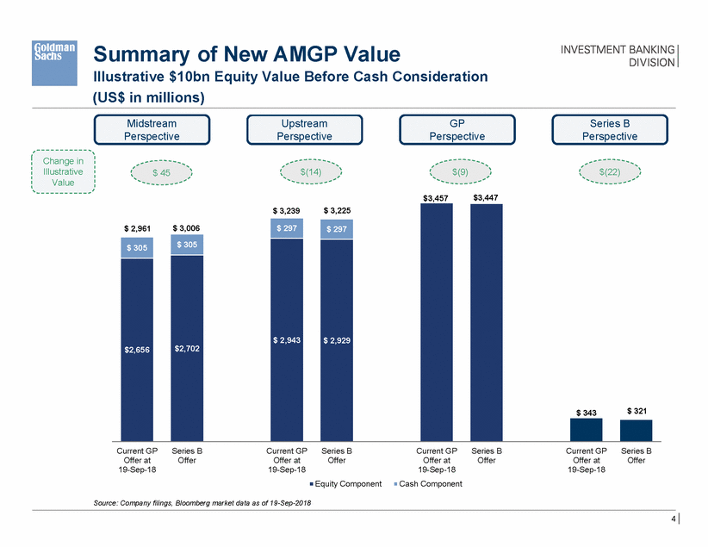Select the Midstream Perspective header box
[x=152, y=129]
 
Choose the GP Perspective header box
[x=456, y=129]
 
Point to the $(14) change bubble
[x=310, y=172]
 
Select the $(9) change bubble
[x=460, y=172]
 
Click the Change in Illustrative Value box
[x=63, y=171]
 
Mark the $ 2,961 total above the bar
[x=138, y=227]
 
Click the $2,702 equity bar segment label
[x=187, y=349]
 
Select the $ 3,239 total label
[x=287, y=210]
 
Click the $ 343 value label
[x=586, y=413]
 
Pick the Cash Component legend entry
[x=427, y=484]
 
